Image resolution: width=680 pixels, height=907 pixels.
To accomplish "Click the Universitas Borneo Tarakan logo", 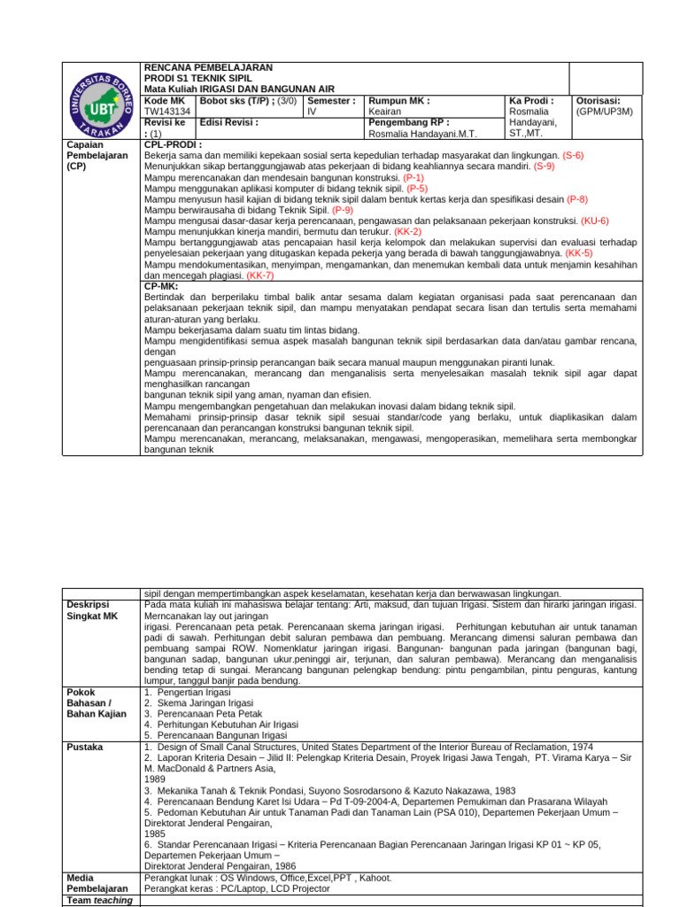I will pyautogui.click(x=101, y=100).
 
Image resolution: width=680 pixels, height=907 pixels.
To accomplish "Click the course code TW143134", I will pyautogui.click(x=166, y=112).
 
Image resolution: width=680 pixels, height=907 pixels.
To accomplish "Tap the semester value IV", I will pyautogui.click(x=312, y=112).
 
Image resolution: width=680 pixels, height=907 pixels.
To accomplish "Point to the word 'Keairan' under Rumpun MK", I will pyautogui.click(x=385, y=112).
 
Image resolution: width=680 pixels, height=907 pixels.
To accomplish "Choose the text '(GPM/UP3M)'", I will pyautogui.click(x=604, y=112).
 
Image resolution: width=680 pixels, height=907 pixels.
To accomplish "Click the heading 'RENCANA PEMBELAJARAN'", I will pyautogui.click(x=208, y=68).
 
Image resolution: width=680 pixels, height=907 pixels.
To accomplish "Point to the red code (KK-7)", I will pyautogui.click(x=260, y=276).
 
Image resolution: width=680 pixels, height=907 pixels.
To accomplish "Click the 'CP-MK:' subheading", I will pyautogui.click(x=162, y=287).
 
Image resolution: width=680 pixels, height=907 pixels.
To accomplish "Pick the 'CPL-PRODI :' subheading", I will pyautogui.click(x=173, y=144).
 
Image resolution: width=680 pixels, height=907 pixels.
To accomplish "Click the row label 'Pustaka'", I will pyautogui.click(x=85, y=748).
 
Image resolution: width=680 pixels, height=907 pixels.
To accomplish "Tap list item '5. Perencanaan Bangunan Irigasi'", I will pyautogui.click(x=215, y=735).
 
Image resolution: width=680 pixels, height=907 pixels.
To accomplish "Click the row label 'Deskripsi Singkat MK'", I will pyautogui.click(x=92, y=609).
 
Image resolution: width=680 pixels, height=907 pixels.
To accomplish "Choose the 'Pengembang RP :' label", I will pyautogui.click(x=408, y=123).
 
